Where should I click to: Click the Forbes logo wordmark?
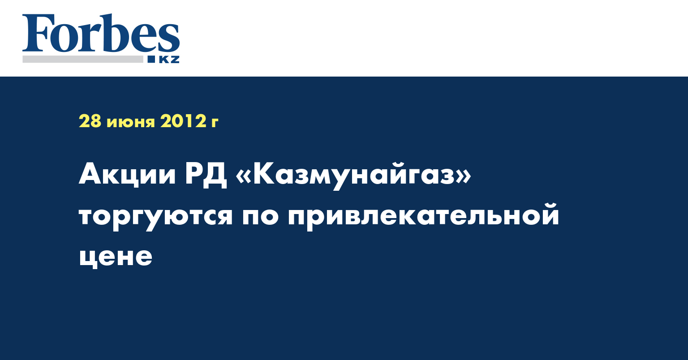101,33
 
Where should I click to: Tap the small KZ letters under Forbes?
169,60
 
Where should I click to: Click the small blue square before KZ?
151,59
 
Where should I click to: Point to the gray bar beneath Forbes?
82,59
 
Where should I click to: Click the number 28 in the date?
90,121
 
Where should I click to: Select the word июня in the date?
130,123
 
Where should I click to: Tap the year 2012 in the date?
183,121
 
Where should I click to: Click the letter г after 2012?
215,123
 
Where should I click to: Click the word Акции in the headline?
128,175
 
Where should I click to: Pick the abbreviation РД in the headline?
206,175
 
